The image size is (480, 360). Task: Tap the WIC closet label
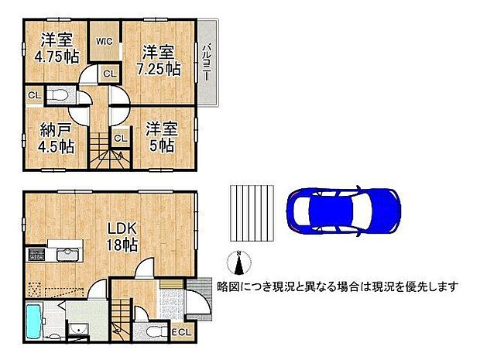point(105,43)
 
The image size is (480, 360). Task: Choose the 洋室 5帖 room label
point(159,135)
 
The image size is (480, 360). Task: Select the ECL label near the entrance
point(181,332)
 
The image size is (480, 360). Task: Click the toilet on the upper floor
point(58,96)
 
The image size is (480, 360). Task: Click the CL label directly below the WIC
point(109,74)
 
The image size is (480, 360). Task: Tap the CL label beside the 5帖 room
point(120,138)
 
